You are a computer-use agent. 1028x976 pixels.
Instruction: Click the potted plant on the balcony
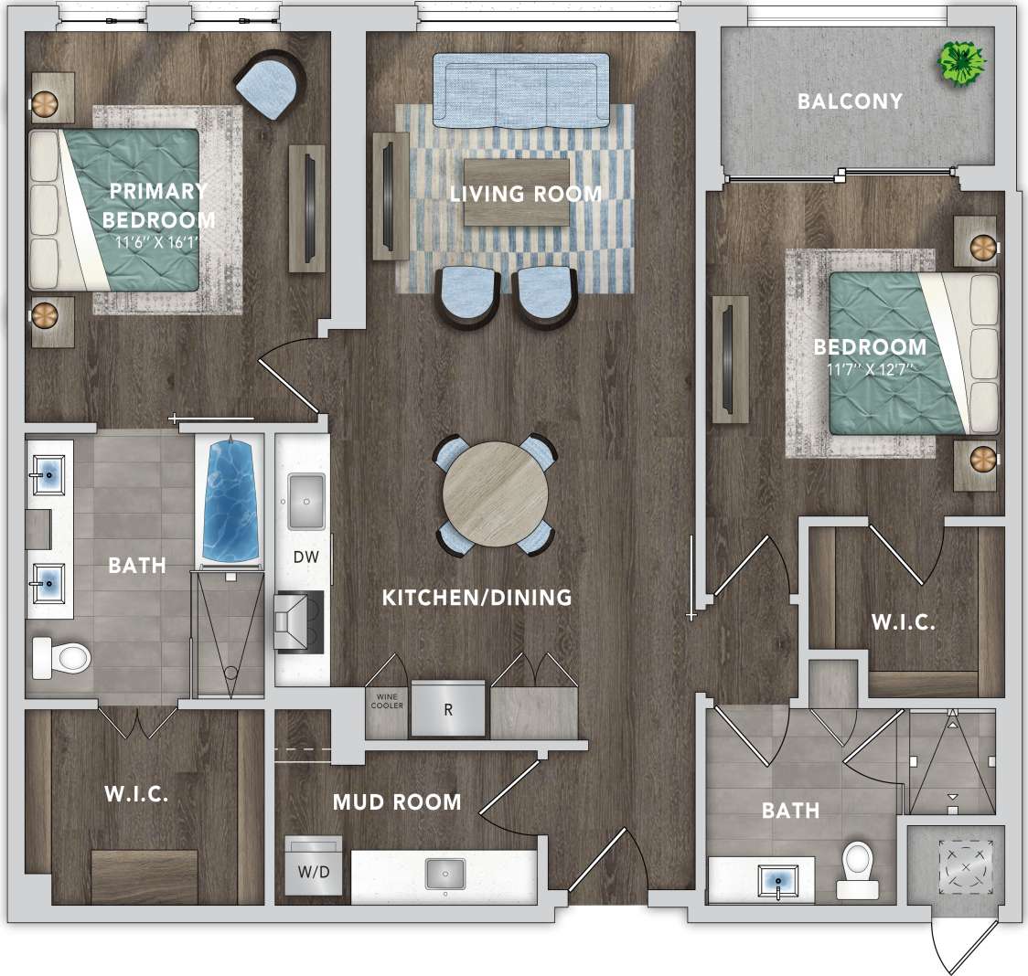click(962, 62)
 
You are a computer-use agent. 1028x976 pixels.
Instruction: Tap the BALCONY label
click(850, 101)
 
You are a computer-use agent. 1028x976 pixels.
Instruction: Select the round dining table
click(496, 495)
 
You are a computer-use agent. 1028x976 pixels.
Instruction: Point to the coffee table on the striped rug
click(516, 192)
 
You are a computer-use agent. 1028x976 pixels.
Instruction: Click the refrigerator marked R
click(448, 708)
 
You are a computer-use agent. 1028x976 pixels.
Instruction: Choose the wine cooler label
click(386, 701)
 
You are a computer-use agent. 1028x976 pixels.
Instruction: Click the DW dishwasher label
click(305, 556)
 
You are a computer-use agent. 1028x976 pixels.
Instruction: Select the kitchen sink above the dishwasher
click(306, 501)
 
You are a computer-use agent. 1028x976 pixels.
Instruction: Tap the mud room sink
click(445, 872)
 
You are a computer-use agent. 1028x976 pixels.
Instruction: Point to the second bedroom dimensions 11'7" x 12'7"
click(869, 369)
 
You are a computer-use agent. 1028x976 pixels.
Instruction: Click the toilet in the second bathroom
click(858, 866)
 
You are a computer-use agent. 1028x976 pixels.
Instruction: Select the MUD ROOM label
click(397, 802)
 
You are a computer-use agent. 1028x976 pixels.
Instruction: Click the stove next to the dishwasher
click(300, 621)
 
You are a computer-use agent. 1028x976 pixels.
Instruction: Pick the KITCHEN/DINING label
click(477, 598)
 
